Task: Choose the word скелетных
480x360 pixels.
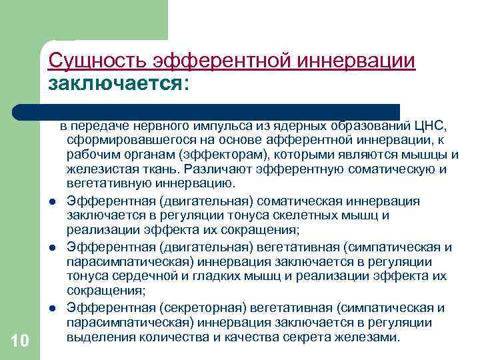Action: click(x=289, y=215)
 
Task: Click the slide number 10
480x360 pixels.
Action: click(x=20, y=342)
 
